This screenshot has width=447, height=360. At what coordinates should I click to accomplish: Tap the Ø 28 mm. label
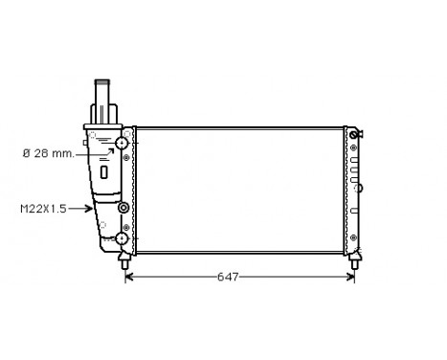click(49, 151)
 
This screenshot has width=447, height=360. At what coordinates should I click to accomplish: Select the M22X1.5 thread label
click(44, 209)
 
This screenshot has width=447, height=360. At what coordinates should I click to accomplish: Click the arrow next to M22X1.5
click(82, 209)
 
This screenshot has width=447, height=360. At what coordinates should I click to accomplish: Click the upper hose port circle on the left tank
click(122, 144)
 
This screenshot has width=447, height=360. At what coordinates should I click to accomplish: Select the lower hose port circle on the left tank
click(122, 238)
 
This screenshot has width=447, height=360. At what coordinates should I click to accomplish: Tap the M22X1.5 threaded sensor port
click(123, 208)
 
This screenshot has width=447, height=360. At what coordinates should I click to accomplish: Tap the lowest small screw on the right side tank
click(353, 239)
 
